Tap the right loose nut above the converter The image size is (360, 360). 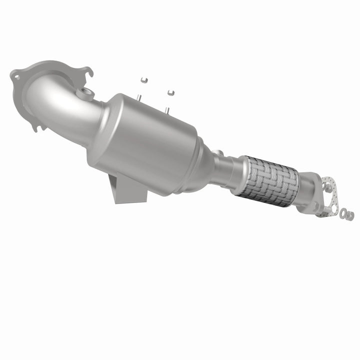tap(171, 92)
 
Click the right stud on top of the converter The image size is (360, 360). tap(167, 108)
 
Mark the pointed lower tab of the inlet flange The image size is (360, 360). tap(35, 127)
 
